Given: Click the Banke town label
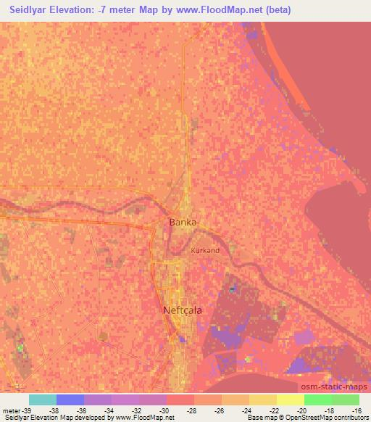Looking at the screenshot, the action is pos(183,222).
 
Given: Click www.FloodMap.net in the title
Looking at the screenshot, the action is pos(222,10).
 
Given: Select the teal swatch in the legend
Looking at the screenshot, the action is pos(42,400).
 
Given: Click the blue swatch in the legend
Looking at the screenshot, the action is pos(70,400).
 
